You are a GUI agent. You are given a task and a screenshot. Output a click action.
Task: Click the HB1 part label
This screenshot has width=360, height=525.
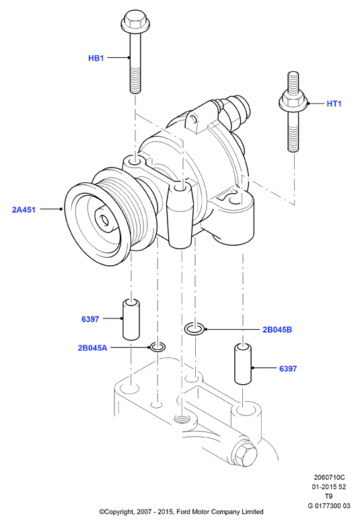click(x=96, y=58)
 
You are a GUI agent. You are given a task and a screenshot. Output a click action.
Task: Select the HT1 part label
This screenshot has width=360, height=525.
click(x=334, y=104)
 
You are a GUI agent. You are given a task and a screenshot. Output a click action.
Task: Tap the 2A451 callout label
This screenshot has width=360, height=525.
click(x=24, y=209)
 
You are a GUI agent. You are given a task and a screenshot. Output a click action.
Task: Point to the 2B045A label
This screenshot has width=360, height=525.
click(x=92, y=348)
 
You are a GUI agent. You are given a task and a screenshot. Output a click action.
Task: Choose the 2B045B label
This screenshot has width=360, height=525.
click(x=277, y=330)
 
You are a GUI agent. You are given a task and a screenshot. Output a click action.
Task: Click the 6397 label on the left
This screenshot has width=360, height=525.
click(x=90, y=319)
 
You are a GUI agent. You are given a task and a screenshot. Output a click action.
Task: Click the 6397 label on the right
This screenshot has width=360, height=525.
click(x=288, y=369)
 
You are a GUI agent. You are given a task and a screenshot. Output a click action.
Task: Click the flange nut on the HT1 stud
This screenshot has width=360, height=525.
click(x=293, y=101)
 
